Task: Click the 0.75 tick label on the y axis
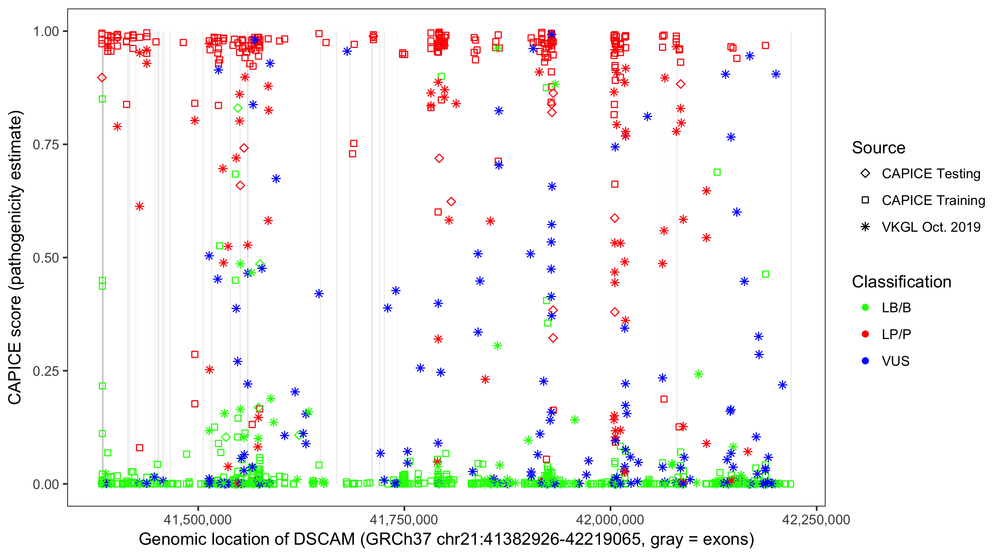(46, 145)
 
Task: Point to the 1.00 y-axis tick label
(46, 32)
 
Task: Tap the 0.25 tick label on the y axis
(46, 371)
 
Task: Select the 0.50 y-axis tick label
(46, 258)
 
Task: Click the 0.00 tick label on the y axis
(46, 484)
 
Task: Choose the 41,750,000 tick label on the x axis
(404, 519)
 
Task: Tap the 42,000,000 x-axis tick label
(610, 519)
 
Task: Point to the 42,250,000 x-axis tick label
(816, 519)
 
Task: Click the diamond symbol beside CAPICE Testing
(865, 174)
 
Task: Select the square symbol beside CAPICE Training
(865, 201)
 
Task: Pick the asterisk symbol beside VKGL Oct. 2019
(865, 227)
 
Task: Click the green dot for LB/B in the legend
(865, 308)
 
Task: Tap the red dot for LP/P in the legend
(865, 334)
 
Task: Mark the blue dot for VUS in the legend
(865, 361)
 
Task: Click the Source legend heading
(879, 148)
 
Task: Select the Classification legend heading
(901, 282)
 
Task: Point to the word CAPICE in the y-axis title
(15, 373)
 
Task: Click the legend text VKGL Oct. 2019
(931, 227)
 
